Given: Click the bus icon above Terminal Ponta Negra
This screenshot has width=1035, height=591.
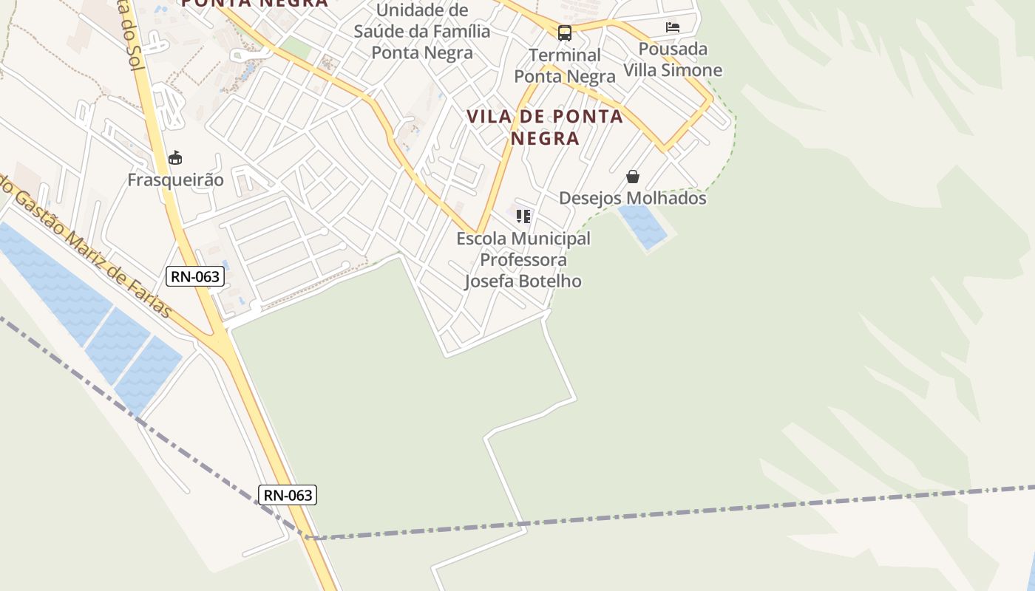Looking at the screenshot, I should pyautogui.click(x=565, y=33).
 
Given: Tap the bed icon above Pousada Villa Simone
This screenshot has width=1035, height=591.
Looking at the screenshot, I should pyautogui.click(x=672, y=27).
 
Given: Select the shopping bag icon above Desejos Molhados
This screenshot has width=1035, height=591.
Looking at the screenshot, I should pyautogui.click(x=633, y=177).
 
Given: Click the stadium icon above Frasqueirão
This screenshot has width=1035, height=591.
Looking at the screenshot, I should pyautogui.click(x=175, y=157).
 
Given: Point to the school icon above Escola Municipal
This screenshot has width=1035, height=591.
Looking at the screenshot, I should pyautogui.click(x=523, y=216).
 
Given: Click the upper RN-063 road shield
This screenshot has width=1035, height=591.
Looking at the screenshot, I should pyautogui.click(x=194, y=276).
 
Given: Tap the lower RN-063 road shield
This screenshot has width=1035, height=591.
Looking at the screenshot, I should pyautogui.click(x=288, y=495).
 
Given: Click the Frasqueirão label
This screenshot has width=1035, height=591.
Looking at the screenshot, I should pyautogui.click(x=175, y=180).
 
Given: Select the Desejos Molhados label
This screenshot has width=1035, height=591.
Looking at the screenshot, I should pyautogui.click(x=632, y=198).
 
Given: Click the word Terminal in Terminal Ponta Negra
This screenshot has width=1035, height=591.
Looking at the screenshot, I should pyautogui.click(x=565, y=55).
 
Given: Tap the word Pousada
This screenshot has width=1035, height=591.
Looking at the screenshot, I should pyautogui.click(x=673, y=49).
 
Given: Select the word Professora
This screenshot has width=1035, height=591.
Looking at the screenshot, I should pyautogui.click(x=523, y=259).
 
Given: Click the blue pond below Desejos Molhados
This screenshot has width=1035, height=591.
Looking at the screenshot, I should pyautogui.click(x=643, y=225).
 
